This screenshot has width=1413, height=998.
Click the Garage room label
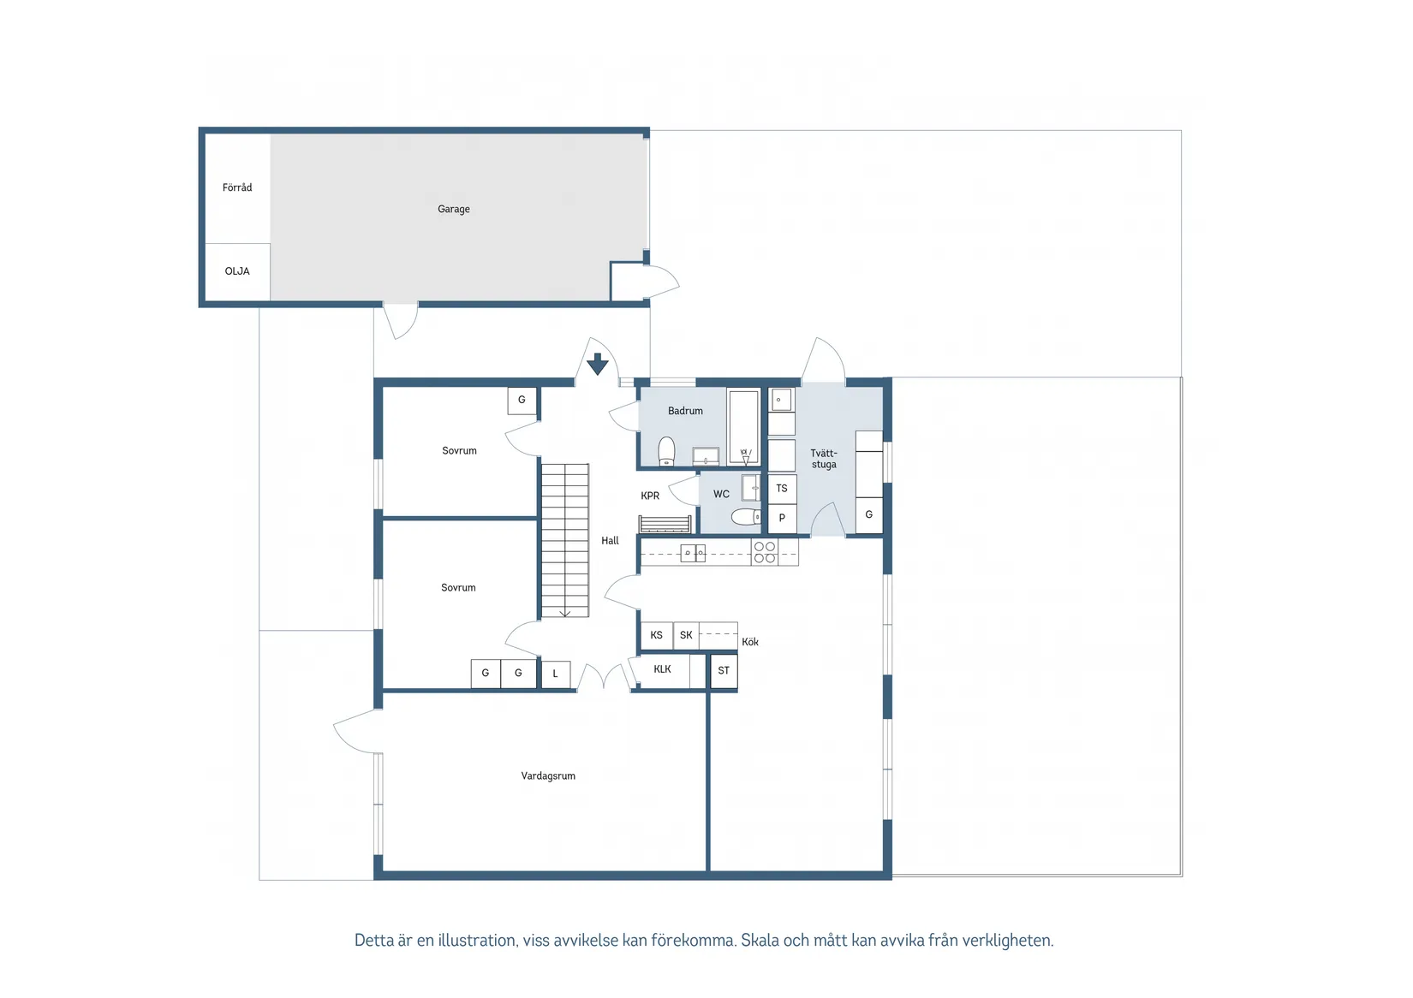[454, 209]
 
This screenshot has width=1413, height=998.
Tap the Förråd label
[237, 187]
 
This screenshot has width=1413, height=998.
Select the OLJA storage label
[237, 271]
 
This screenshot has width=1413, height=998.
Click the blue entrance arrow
[598, 364]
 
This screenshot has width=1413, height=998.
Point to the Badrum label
[685, 411]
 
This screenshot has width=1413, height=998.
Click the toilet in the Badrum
[667, 451]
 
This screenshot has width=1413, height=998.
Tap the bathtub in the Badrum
[743, 427]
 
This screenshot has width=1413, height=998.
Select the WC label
[721, 494]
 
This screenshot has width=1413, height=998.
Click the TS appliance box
[782, 489]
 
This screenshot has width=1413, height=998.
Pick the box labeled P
[782, 519]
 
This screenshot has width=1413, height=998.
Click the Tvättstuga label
[824, 459]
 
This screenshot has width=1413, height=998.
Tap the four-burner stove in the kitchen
[765, 552]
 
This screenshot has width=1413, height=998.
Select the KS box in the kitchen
[657, 635]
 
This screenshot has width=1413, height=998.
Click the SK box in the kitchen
[686, 635]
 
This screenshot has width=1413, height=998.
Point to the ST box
[724, 671]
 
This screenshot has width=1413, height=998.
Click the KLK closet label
[662, 669]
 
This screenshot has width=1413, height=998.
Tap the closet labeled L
[556, 674]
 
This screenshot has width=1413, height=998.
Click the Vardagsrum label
[548, 776]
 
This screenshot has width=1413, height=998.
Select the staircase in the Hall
[564, 540]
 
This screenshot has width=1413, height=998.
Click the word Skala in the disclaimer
[760, 941]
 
